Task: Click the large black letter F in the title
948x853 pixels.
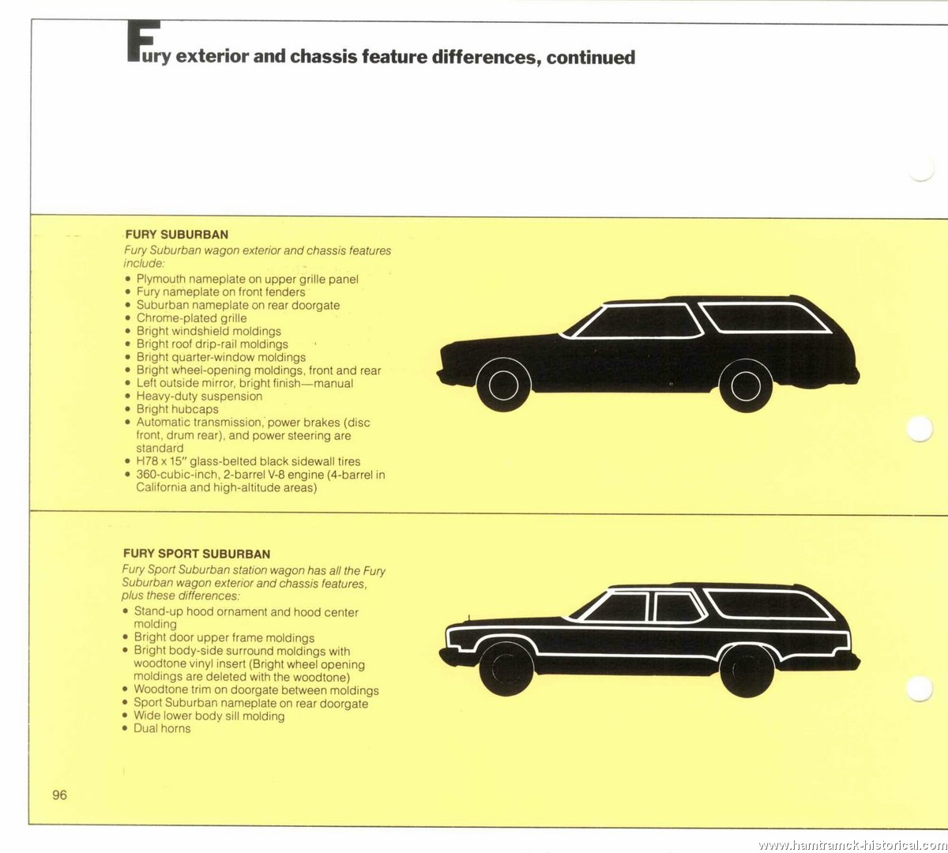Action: [143, 41]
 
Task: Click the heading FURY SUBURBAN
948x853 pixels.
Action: [177, 235]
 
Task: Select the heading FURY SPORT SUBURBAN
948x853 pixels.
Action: [197, 554]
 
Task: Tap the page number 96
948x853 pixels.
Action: [59, 795]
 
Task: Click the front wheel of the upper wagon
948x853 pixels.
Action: [503, 385]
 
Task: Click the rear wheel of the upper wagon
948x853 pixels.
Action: [745, 385]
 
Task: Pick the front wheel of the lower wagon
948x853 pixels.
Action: [506, 668]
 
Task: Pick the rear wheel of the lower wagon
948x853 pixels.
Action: [747, 670]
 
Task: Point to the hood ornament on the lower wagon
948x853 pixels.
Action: [468, 617]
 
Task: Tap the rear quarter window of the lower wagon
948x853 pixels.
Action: [768, 604]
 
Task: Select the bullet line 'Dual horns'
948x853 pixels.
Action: [162, 728]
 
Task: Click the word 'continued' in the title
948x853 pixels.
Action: [590, 57]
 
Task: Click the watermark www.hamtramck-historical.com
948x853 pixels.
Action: [852, 844]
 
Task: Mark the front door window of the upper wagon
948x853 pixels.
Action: [639, 321]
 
